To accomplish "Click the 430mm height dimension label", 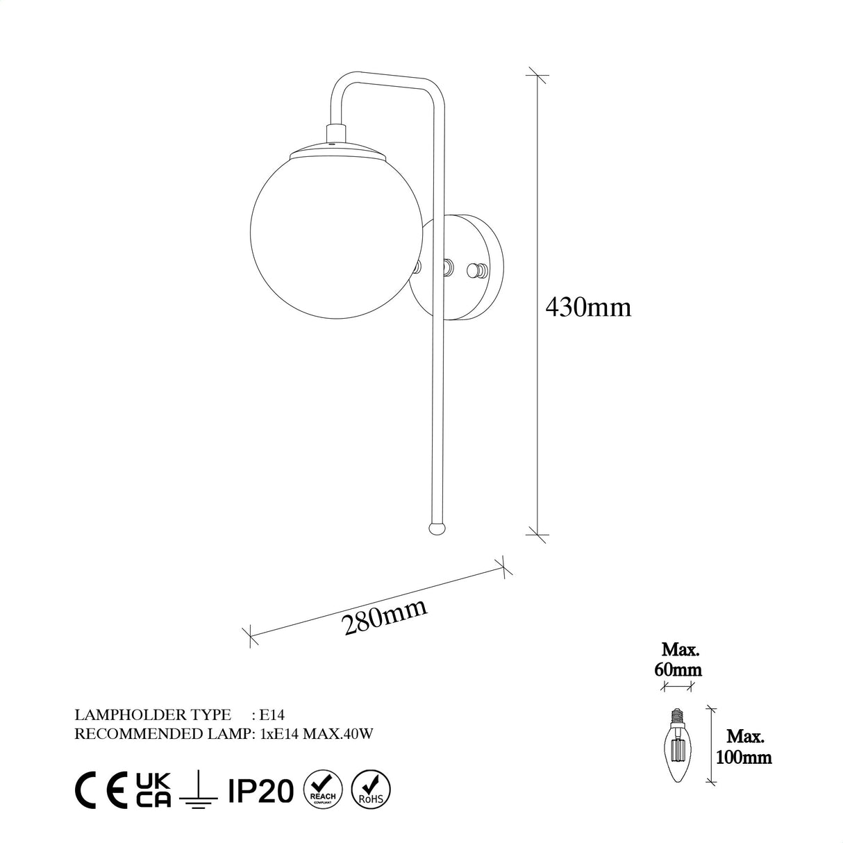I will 589,306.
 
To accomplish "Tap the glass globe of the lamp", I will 299,208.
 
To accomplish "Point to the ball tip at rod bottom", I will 437,528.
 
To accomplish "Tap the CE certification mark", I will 101,790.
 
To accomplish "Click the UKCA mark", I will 153,790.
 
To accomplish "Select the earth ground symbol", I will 198,792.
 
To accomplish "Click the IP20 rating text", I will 260,790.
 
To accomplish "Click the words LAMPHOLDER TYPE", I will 152,714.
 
